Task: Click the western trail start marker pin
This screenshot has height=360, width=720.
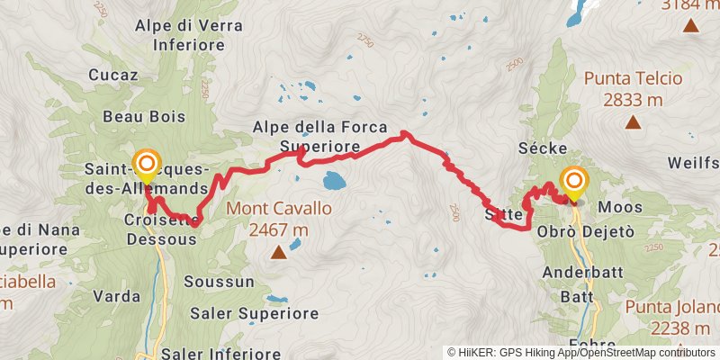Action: (147, 166)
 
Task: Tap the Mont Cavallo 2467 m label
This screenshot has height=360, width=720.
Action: (279, 219)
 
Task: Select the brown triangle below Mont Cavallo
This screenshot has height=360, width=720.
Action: (280, 252)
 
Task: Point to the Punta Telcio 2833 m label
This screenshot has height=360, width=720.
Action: (634, 88)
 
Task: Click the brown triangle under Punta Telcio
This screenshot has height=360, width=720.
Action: (634, 121)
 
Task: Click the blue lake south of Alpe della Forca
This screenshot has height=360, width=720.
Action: (334, 180)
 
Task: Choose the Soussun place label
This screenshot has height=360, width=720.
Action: (211, 282)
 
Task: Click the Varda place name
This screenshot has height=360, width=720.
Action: (117, 295)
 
